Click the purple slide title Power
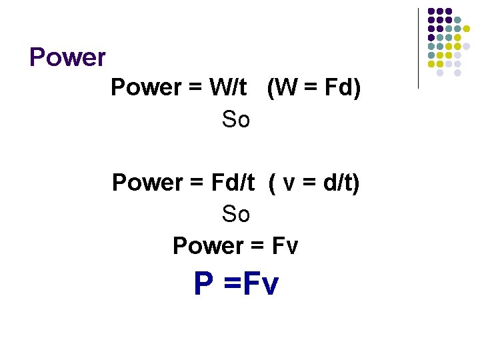(67, 58)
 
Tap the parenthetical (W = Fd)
(313, 87)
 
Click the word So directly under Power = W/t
(235, 120)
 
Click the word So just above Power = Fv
(235, 214)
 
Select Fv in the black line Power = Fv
(285, 246)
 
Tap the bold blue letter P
(203, 285)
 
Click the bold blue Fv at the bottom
(261, 285)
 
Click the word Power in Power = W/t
(145, 87)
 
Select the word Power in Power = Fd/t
(147, 182)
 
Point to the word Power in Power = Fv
(207, 246)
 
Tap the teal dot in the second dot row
(457, 19)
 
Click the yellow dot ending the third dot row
(467, 29)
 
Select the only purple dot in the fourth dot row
(431, 37)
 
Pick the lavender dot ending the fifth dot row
(467, 47)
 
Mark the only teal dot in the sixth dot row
(431, 55)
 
